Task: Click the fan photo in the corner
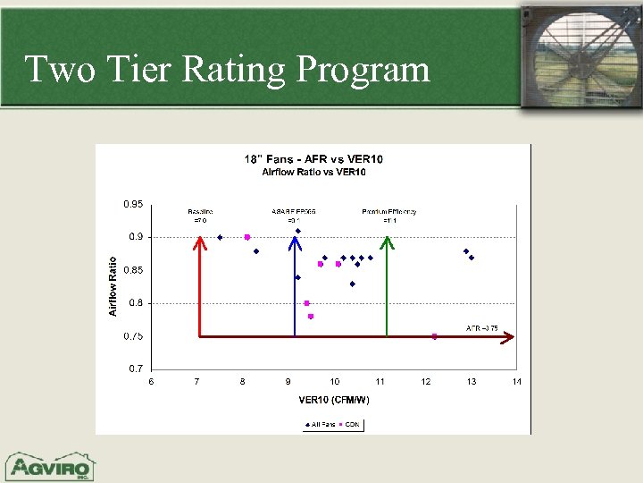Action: coord(581,55)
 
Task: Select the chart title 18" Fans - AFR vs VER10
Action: coord(313,159)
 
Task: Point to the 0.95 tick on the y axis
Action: coord(133,204)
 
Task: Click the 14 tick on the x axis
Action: coord(516,382)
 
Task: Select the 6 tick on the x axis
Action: coord(151,382)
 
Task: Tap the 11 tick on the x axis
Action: coord(380,382)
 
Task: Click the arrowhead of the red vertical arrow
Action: coord(198,242)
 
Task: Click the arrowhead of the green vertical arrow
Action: coord(387,241)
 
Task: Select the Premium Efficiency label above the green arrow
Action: coord(389,212)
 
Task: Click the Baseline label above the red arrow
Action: coord(200,212)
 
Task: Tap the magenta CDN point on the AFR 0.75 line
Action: coord(435,336)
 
